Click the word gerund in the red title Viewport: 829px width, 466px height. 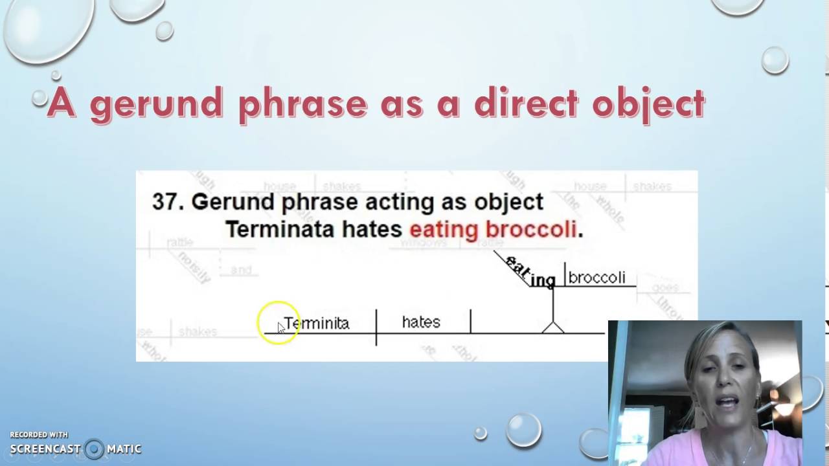click(x=155, y=104)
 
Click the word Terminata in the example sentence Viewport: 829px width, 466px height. click(x=280, y=229)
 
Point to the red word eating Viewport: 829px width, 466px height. click(x=444, y=230)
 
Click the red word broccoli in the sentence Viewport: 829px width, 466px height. click(x=530, y=229)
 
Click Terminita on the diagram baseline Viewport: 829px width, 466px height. click(x=317, y=323)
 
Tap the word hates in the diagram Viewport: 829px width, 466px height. click(x=421, y=322)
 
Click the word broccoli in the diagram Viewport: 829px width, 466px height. click(x=596, y=278)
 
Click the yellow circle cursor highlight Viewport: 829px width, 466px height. click(x=278, y=322)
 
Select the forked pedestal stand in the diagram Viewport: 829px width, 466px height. click(x=552, y=326)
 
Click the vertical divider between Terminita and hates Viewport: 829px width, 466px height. click(x=376, y=327)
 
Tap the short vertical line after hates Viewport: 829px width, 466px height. click(x=471, y=322)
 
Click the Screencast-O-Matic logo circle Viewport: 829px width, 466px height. click(x=94, y=449)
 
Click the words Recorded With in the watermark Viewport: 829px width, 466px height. click(x=39, y=435)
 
